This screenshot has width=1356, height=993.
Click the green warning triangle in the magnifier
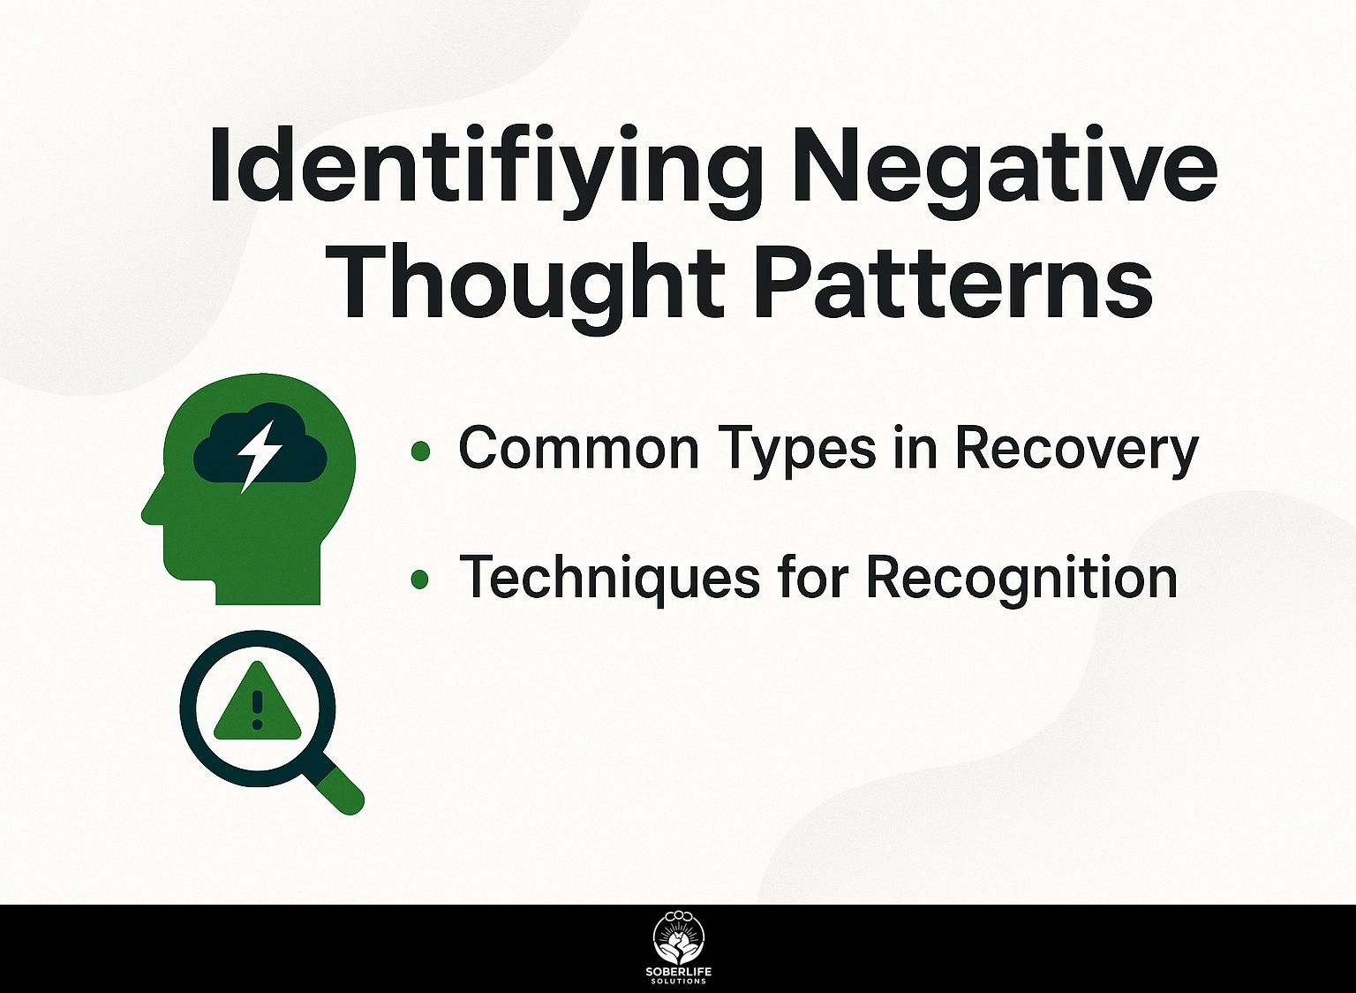[x=257, y=705]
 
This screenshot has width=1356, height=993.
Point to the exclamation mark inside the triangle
[x=257, y=709]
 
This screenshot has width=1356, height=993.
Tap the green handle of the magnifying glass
[x=343, y=792]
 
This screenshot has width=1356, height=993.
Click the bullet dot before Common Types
[x=420, y=451]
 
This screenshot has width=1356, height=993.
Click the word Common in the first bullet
[x=579, y=448]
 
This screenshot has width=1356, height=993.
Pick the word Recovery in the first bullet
[x=1077, y=451]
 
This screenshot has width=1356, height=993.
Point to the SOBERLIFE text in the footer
[x=679, y=973]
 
